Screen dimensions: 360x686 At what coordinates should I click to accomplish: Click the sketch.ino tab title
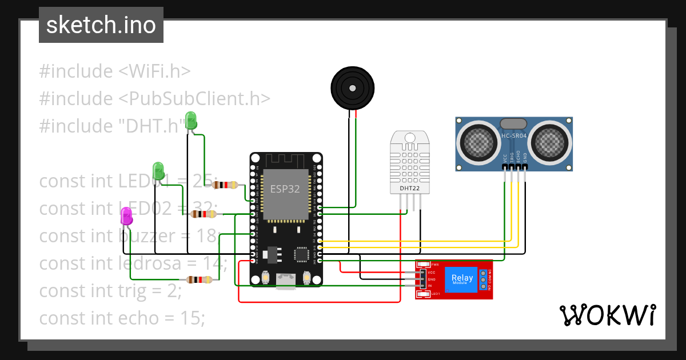(x=101, y=26)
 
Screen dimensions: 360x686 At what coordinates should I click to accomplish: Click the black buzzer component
(x=353, y=87)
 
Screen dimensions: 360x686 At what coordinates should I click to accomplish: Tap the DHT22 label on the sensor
(x=409, y=188)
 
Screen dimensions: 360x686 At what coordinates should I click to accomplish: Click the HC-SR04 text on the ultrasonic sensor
(x=513, y=136)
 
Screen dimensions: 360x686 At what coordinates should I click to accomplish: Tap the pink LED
(x=126, y=217)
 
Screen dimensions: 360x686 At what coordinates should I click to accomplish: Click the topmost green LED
(x=191, y=121)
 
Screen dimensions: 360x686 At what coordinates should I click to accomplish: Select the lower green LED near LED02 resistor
(x=158, y=171)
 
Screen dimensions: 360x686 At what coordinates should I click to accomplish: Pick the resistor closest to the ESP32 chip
(x=225, y=185)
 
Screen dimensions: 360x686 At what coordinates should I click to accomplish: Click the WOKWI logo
(x=607, y=315)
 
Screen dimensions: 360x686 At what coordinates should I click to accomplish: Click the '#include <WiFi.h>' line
(x=114, y=71)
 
